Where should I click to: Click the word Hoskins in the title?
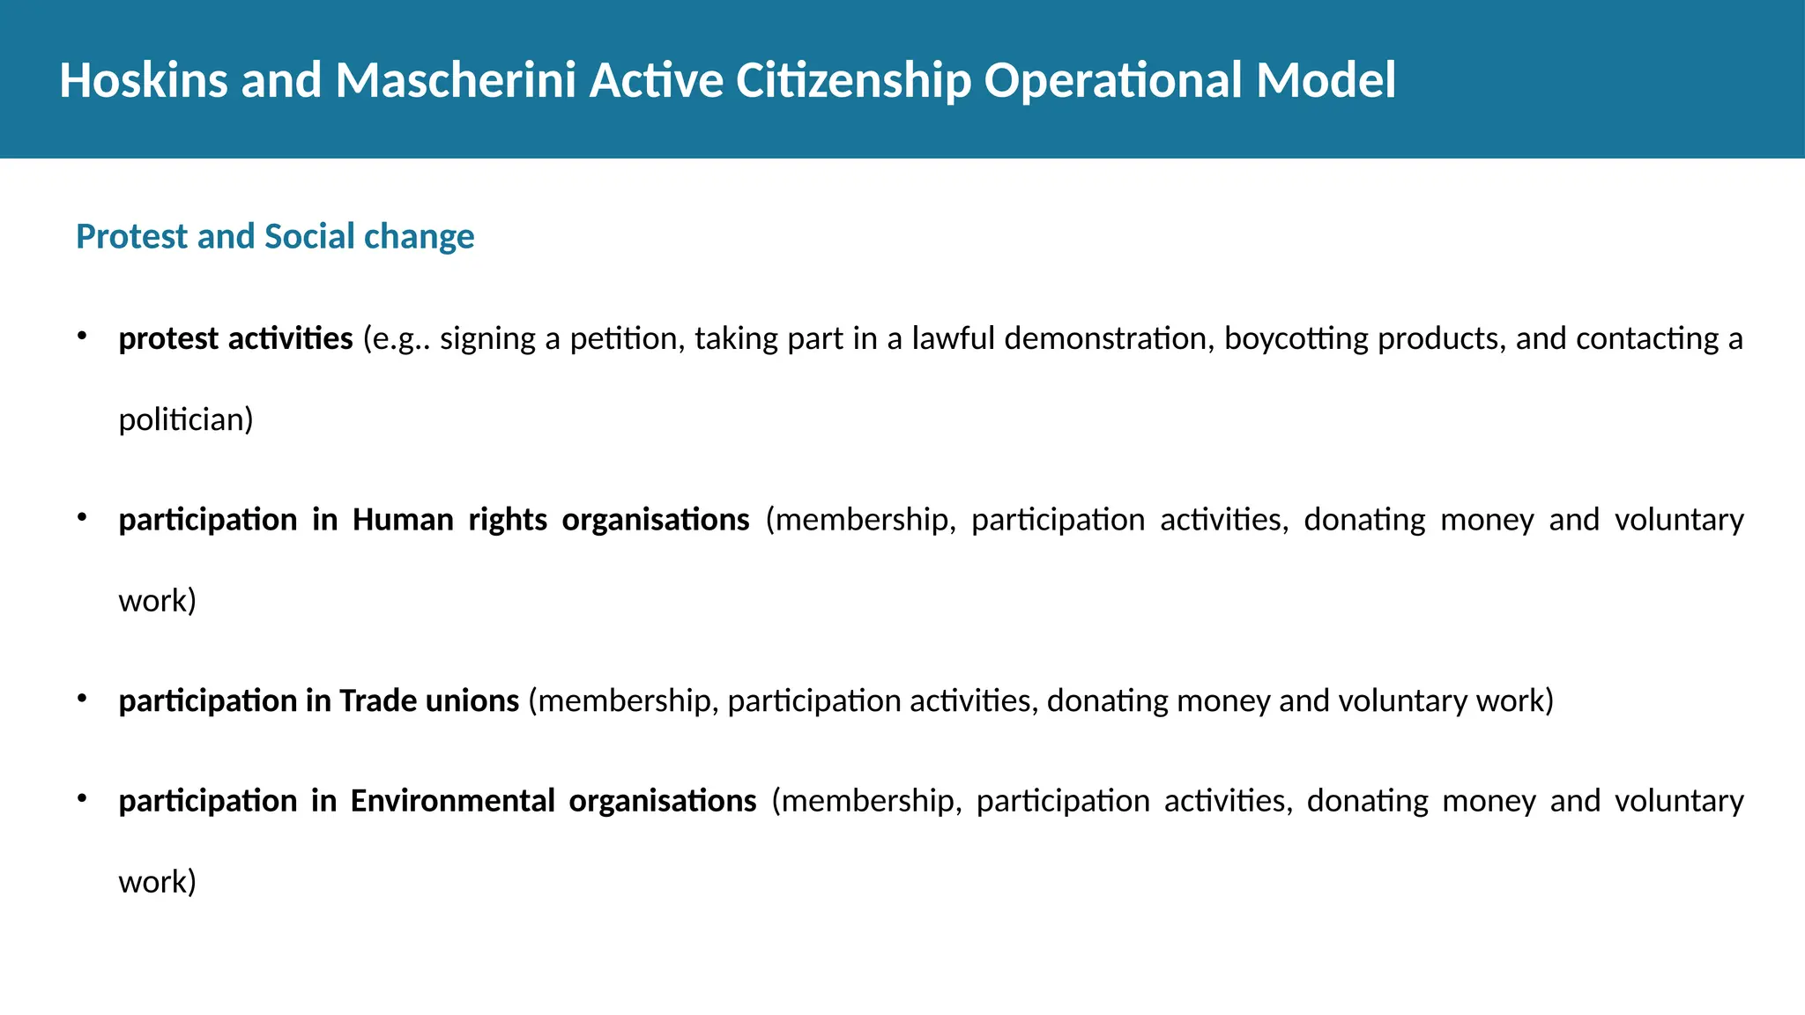point(143,80)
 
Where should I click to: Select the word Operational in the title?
point(1111,80)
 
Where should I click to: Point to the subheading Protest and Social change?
point(275,236)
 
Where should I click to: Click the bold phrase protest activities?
point(235,338)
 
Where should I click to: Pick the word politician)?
point(186,419)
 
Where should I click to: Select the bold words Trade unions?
point(428,700)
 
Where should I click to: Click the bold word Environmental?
point(452,801)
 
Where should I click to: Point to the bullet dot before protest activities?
point(81,335)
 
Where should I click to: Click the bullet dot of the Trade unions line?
point(81,697)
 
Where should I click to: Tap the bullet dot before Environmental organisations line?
point(81,797)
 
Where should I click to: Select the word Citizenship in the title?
point(853,80)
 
